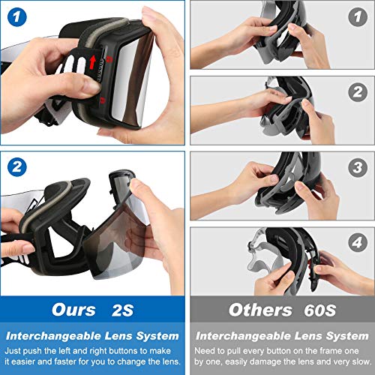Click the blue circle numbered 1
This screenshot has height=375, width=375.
[x=16, y=17]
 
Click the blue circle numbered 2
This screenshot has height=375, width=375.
[x=16, y=166]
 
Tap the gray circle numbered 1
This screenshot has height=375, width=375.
[x=358, y=17]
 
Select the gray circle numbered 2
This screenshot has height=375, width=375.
[x=358, y=92]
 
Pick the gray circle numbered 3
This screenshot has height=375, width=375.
[x=358, y=167]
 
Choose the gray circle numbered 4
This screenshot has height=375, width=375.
[x=358, y=242]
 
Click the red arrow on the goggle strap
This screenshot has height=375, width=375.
[x=92, y=62]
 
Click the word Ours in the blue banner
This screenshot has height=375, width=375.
[x=73, y=310]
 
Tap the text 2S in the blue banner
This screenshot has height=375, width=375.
[x=122, y=310]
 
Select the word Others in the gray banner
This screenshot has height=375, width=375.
[x=260, y=310]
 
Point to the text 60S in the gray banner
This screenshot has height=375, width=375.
[x=320, y=310]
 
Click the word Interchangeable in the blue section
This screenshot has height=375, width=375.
[x=53, y=336]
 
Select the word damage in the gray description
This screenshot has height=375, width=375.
[x=268, y=361]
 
